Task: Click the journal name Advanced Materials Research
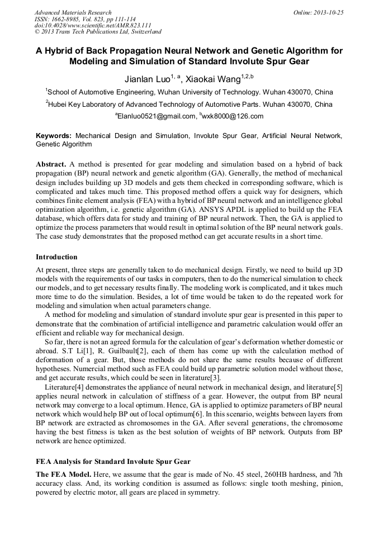[x=73, y=12]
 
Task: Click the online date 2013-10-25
[x=327, y=12]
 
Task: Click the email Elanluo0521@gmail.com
[x=157, y=116]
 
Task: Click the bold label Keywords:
[x=54, y=136]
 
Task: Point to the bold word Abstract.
[x=51, y=165]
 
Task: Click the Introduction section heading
[x=56, y=257]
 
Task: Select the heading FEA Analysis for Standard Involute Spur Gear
[x=113, y=461]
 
